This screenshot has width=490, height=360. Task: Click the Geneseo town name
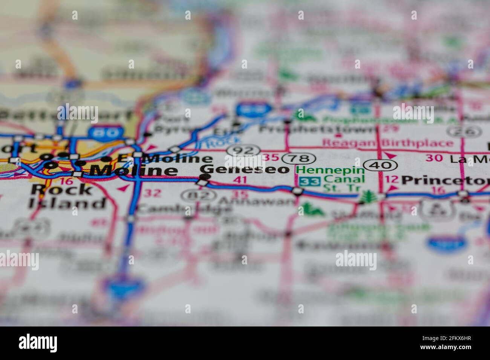pos(245,169)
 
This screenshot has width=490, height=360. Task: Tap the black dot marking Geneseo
pos(205,176)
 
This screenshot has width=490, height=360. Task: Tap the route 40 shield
pos(380,165)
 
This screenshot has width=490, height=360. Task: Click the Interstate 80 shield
pos(100,133)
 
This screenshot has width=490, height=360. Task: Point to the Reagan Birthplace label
pos(388,143)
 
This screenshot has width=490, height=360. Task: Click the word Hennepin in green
pos(328,170)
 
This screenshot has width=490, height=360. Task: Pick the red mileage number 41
pos(240,180)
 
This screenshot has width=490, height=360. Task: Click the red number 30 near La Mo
pos(434,158)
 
